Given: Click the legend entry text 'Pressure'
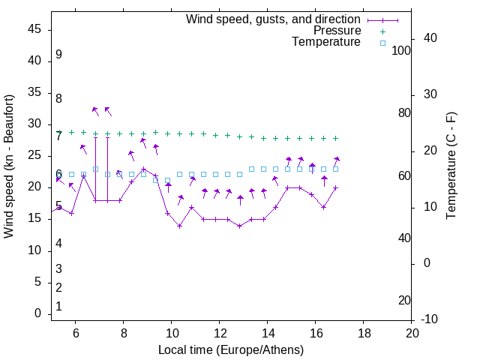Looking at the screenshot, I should click(337, 31).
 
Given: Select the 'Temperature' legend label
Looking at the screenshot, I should click(326, 42).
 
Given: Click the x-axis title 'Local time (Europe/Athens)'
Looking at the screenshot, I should click(231, 350).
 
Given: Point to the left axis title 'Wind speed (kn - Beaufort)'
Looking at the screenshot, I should click(9, 166).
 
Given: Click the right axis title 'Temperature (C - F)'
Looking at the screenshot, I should click(451, 166).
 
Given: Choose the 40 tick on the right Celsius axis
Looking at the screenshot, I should click(430, 38).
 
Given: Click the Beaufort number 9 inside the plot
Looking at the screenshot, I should click(58, 55).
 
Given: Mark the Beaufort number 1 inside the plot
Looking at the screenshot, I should click(58, 307).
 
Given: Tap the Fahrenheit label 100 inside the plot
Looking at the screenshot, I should click(401, 50).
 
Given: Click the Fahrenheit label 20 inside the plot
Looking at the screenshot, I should click(404, 301).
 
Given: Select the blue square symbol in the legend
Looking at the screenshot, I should click(382, 43).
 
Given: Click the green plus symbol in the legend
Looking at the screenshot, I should click(382, 31).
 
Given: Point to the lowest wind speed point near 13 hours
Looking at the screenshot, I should click(240, 226).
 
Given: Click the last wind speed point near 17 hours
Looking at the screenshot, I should click(335, 187).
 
